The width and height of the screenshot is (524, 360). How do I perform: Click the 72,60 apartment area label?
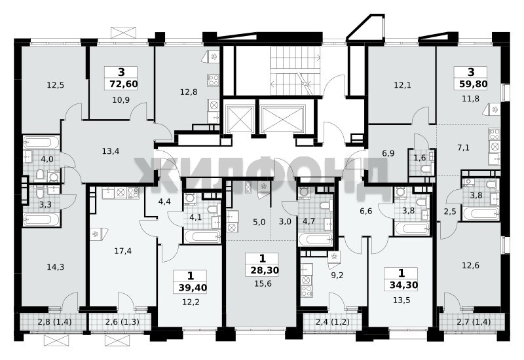(124, 84)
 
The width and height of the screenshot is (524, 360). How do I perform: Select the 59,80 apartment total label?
(473, 84)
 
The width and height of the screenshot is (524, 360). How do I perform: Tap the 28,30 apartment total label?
(265, 270)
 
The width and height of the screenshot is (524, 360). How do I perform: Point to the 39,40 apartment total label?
(193, 287)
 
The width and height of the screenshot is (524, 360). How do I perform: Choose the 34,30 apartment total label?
(403, 285)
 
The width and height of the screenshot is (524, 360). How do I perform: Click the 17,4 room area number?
(123, 251)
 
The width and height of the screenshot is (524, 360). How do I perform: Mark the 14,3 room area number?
(56, 267)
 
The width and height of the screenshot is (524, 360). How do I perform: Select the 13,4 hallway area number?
(111, 151)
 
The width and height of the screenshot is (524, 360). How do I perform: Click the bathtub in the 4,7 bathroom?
(315, 240)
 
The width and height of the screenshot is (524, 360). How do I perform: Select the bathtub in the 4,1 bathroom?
(202, 237)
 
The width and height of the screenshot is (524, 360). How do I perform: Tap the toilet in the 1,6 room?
(425, 170)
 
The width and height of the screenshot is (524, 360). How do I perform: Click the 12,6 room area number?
(470, 266)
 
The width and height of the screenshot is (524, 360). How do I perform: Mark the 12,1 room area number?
(402, 85)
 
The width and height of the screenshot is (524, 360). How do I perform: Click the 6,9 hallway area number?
(388, 154)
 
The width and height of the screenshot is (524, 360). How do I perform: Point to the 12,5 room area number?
(56, 85)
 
